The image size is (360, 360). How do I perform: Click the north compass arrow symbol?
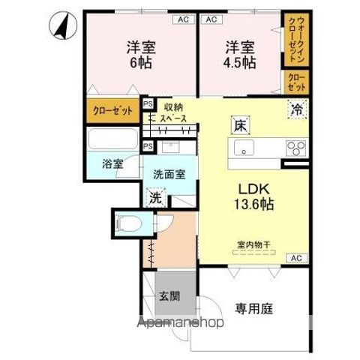61,28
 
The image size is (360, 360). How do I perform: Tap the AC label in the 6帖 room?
182,19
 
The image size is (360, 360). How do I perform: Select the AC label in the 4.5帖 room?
211,19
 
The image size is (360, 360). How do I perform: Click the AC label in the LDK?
296,258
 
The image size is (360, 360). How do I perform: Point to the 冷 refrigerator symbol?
298,109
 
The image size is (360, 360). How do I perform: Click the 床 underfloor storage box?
238,125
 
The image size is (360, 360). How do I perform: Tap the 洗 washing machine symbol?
154,199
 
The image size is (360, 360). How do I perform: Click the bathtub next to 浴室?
112,139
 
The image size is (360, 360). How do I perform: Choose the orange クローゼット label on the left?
112,110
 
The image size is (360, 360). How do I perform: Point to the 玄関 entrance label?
168,295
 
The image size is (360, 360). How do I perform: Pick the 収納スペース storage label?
174,112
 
